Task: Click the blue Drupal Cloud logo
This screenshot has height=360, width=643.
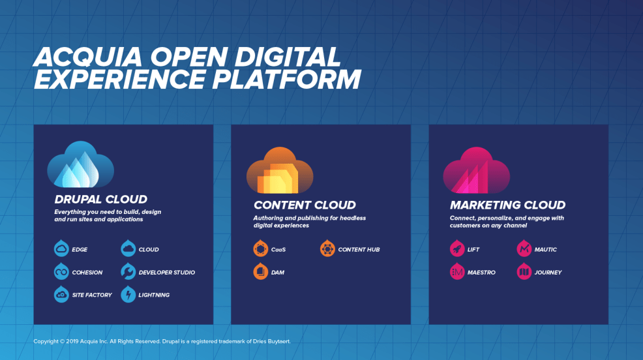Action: point(80,164)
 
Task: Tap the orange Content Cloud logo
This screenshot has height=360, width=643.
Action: point(280,170)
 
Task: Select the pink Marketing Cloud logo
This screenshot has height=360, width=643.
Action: point(477,170)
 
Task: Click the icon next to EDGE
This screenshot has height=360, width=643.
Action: point(61,248)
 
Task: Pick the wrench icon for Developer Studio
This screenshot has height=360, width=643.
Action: point(128,271)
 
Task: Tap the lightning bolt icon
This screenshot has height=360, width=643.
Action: point(128,294)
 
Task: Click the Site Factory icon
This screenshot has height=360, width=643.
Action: point(61,294)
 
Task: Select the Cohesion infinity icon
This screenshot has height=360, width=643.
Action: point(61,271)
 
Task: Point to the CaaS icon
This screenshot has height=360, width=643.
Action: point(260,248)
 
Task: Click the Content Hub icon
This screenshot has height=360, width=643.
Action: point(327,248)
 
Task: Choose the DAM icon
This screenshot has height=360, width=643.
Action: point(260,271)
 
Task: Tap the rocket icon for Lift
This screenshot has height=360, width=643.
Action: point(457,248)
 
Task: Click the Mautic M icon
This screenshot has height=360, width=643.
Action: point(524,248)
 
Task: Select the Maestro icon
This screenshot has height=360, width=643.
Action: point(457,271)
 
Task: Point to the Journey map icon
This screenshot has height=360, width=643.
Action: point(524,271)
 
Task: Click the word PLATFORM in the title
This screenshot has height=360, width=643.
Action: point(286,79)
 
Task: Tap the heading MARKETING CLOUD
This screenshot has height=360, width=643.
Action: point(507,205)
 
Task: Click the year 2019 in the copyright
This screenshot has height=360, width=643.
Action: point(72,341)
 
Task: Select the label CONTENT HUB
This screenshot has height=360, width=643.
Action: point(359,249)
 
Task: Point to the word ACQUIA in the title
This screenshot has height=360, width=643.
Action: point(87,57)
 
